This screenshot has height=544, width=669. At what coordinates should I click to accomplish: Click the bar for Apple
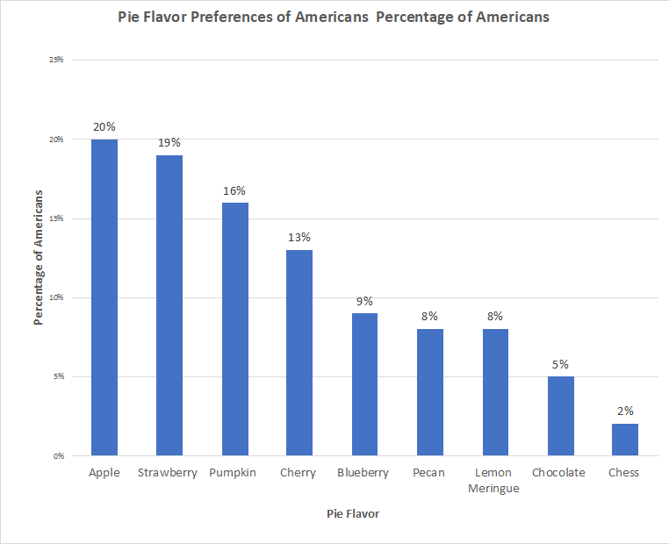pyautogui.click(x=104, y=298)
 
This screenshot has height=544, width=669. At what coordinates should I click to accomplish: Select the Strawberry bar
pyautogui.click(x=169, y=305)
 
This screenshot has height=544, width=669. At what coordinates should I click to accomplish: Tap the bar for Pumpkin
pyautogui.click(x=234, y=329)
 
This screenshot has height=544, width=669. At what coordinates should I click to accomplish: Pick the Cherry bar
pyautogui.click(x=299, y=353)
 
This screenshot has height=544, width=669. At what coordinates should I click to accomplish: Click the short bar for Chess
pyautogui.click(x=625, y=440)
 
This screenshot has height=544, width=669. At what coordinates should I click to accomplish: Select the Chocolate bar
pyautogui.click(x=560, y=416)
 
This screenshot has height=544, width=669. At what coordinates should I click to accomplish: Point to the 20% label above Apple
pyautogui.click(x=104, y=126)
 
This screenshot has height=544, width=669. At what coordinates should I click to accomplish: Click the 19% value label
pyautogui.click(x=169, y=142)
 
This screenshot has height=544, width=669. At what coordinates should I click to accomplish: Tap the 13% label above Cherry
pyautogui.click(x=299, y=237)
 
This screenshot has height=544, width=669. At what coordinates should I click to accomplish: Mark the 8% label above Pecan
pyautogui.click(x=430, y=316)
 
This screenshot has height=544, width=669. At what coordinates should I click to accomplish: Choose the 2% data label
pyautogui.click(x=625, y=411)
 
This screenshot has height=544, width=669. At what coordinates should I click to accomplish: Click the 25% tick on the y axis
pyautogui.click(x=56, y=60)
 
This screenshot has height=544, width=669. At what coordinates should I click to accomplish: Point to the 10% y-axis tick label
pyautogui.click(x=56, y=297)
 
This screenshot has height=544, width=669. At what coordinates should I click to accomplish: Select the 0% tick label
pyautogui.click(x=58, y=456)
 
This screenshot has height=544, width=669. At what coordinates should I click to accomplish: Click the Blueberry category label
pyautogui.click(x=363, y=473)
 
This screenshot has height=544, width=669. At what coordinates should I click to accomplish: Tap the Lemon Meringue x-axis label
pyautogui.click(x=494, y=480)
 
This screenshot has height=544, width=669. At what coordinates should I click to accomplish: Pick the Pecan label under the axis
pyautogui.click(x=428, y=473)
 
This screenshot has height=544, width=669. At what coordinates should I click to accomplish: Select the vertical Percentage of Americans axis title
pyautogui.click(x=39, y=258)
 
